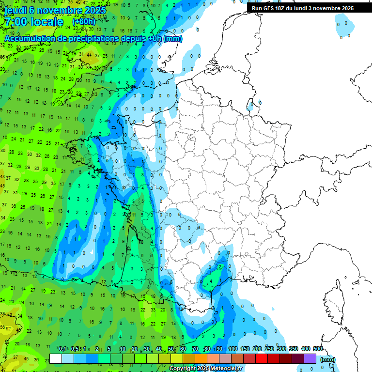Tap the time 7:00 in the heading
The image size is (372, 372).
point(15,22)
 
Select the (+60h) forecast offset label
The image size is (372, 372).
point(84,22)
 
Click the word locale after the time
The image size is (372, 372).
point(46,22)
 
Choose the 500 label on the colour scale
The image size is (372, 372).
point(318,349)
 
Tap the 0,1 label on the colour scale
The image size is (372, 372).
point(62,349)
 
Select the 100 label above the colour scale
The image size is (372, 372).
point(233,349)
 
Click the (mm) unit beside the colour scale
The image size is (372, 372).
point(328,359)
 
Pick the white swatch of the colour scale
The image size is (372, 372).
point(56,359)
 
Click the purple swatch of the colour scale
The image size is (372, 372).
point(310,359)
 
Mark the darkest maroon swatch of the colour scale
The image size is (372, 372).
point(298,359)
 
